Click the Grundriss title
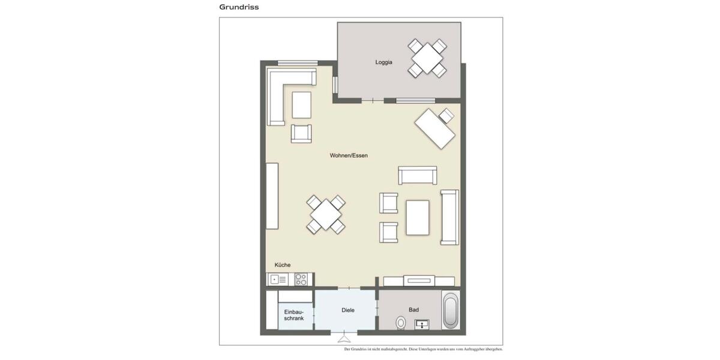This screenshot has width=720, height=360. [x=239, y=7]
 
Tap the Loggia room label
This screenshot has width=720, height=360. [x=383, y=62]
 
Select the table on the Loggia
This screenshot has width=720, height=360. [x=427, y=58]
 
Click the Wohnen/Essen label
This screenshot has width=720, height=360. [x=349, y=155]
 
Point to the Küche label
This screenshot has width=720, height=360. [x=283, y=265]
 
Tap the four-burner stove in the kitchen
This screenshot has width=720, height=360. [x=301, y=279]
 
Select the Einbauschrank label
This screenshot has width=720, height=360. [x=294, y=315]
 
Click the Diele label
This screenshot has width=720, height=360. [x=347, y=310]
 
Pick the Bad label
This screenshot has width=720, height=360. [x=413, y=310]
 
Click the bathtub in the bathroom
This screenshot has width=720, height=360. [x=450, y=310]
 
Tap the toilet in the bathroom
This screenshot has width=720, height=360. [x=401, y=323]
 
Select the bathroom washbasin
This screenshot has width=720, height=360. [x=422, y=325]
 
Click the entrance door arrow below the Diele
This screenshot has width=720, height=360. [x=344, y=337]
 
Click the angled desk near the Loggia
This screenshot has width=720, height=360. [x=435, y=128]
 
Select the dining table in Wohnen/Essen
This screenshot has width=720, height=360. [x=326, y=214]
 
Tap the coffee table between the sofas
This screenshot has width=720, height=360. [x=418, y=217]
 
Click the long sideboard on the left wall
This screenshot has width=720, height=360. [x=272, y=196]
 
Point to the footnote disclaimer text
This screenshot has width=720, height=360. [x=423, y=349]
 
